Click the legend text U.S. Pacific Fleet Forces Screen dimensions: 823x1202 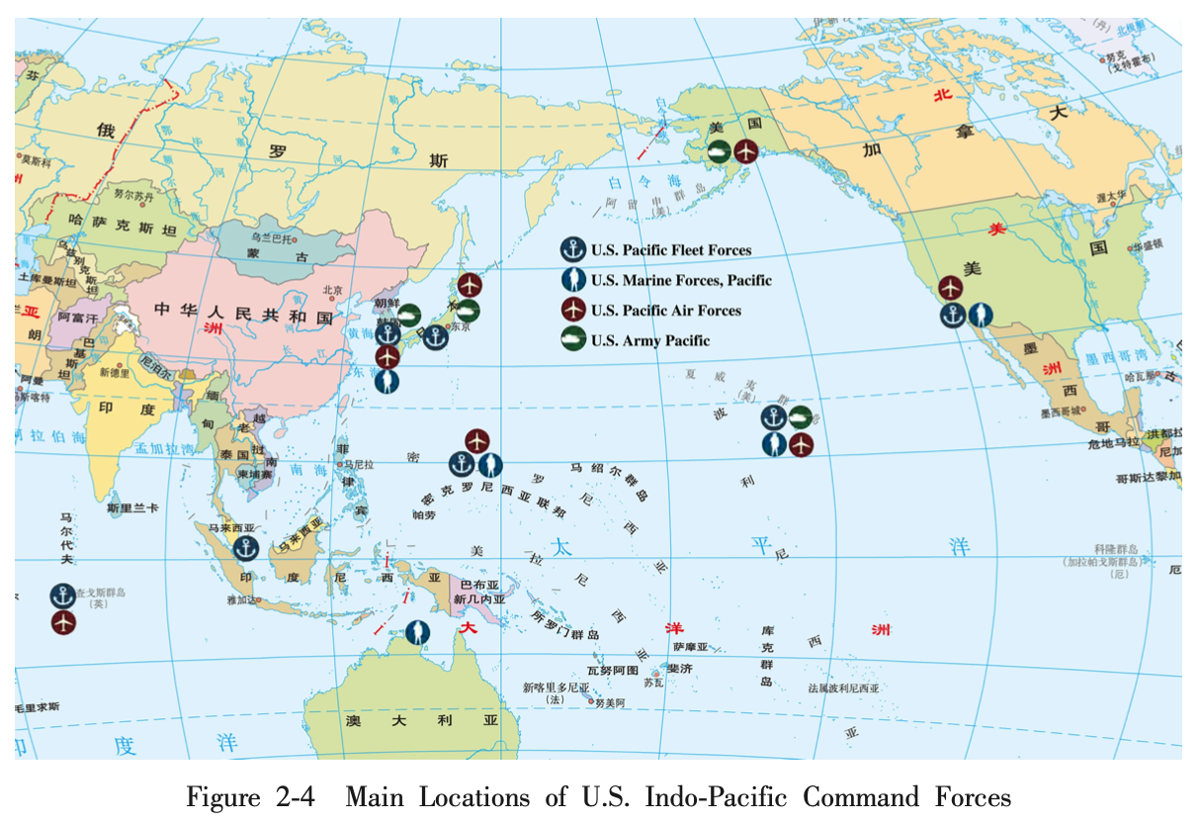coord(671,250)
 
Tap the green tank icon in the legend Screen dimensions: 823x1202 coord(573,340)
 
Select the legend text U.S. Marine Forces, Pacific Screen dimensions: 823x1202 coord(681,281)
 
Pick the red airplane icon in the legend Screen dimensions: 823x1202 coord(573,311)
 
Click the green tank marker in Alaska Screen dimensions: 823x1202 coord(720,151)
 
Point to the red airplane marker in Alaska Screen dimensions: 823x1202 coord(747,151)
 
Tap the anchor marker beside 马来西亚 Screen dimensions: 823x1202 coord(245,546)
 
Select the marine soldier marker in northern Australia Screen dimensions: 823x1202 coord(418,631)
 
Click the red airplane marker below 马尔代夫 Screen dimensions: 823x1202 coord(64,623)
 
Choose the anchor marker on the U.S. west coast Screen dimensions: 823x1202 coord(952,316)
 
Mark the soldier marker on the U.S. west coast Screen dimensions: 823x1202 coord(980,316)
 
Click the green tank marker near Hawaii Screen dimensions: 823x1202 coord(801,416)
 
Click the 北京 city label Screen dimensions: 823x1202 coord(332,291)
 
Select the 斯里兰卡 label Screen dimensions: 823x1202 coord(133,508)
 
